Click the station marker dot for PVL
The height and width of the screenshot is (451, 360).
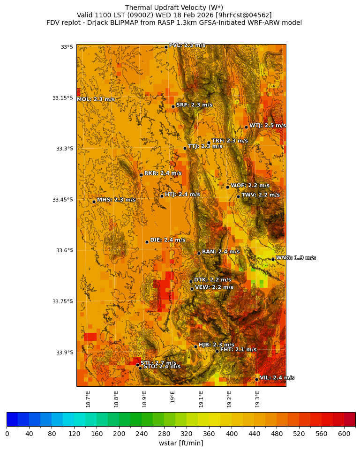coord(166,47)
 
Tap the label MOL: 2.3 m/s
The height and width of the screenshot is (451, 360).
coord(96,99)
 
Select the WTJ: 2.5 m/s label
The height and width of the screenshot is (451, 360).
coord(267,126)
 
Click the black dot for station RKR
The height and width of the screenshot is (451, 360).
coord(141,175)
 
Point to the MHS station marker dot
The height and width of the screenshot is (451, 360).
coord(94,202)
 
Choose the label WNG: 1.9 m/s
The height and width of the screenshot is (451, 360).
coord(295,258)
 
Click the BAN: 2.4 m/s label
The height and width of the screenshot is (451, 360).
coord(220,252)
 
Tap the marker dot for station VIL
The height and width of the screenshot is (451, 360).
coord(257,379)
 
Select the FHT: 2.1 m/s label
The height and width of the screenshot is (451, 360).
coord(238,350)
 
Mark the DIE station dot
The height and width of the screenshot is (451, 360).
coord(147,242)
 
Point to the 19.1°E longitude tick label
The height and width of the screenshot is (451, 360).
coord(202,398)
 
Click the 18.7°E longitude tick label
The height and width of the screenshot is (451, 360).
coord(89,398)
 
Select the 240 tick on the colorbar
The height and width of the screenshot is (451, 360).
coord(119,434)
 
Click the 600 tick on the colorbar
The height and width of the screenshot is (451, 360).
coord(344,434)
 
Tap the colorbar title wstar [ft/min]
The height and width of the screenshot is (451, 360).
coord(181,443)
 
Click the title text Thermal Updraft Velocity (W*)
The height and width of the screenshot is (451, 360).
coord(174,8)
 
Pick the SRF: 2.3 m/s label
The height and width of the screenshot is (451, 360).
coord(194,105)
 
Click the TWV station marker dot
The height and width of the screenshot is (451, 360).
coord(238,196)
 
